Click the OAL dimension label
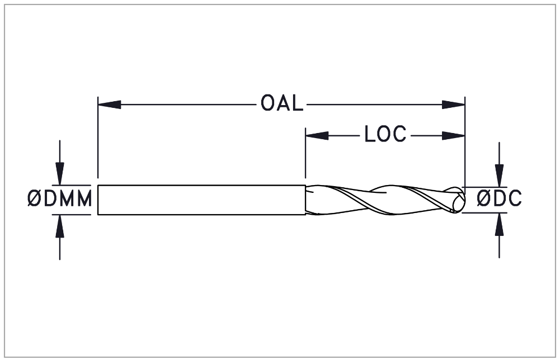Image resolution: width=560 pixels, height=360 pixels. pyautogui.click(x=282, y=103)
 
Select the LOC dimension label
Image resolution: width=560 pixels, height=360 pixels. pyautogui.click(x=385, y=134)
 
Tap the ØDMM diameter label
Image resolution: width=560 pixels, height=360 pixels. pyautogui.click(x=60, y=199)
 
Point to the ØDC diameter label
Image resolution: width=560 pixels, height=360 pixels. pyautogui.click(x=499, y=198)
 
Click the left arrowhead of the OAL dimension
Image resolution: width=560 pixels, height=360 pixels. pyautogui.click(x=109, y=105)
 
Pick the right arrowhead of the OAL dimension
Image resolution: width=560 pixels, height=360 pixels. pyautogui.click(x=453, y=105)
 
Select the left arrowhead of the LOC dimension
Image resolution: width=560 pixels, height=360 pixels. pyautogui.click(x=317, y=136)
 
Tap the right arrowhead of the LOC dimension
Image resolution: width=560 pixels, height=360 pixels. pyautogui.click(x=453, y=136)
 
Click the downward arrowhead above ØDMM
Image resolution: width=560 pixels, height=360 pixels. pyautogui.click(x=60, y=174)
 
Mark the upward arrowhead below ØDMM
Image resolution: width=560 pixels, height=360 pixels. pyautogui.click(x=60, y=226)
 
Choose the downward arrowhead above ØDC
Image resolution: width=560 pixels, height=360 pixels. pyautogui.click(x=499, y=176)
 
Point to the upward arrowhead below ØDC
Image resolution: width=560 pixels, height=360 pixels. pyautogui.click(x=499, y=224)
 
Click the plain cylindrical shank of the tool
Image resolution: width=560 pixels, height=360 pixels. pyautogui.click(x=202, y=200)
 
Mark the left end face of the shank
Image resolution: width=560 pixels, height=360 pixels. pyautogui.click(x=98, y=200)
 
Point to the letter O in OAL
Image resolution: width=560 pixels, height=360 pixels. pyautogui.click(x=267, y=103)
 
